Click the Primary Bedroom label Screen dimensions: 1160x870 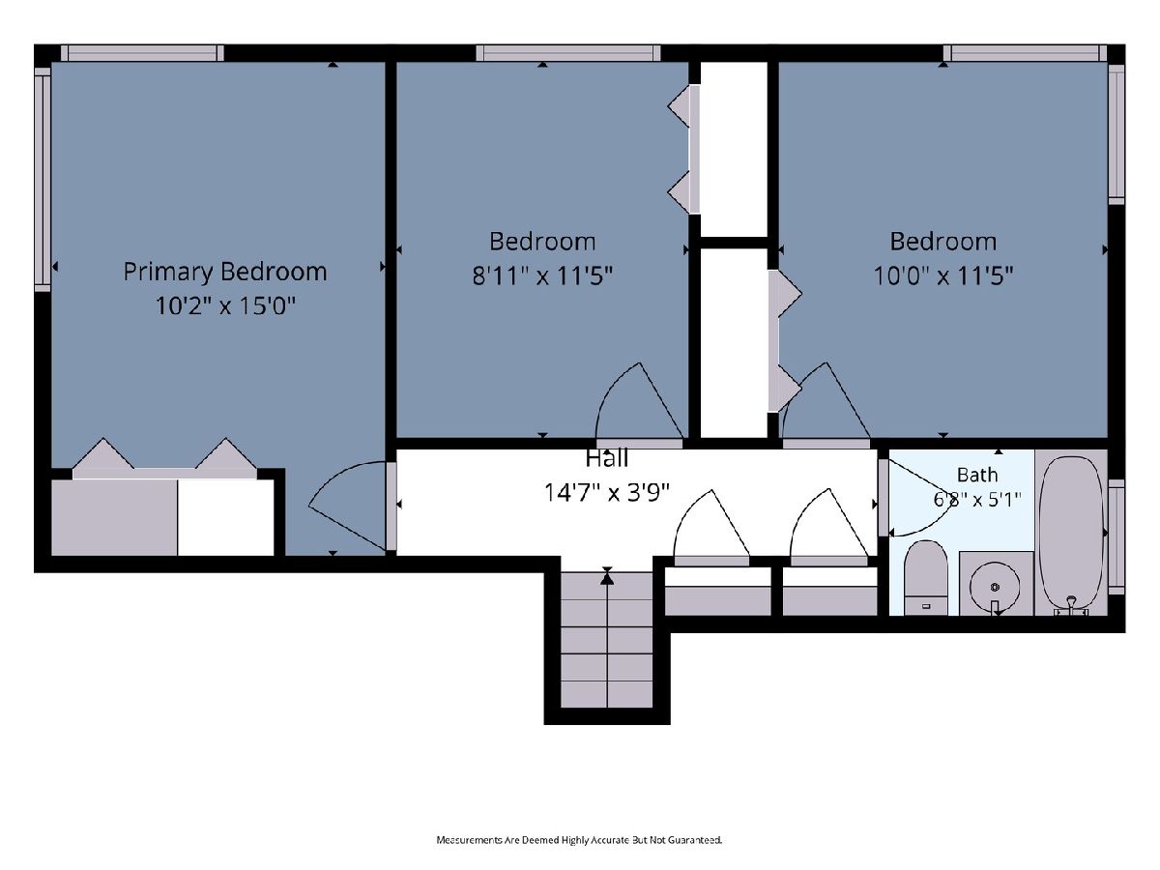coord(225,273)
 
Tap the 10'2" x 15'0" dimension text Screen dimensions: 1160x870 coord(225,305)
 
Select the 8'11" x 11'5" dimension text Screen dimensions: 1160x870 coord(542,275)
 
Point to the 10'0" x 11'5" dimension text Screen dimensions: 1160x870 coord(943,275)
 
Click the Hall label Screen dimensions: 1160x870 coord(607,458)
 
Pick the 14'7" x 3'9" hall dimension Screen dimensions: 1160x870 coord(607,493)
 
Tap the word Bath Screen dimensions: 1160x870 coord(977,475)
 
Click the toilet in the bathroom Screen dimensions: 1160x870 coord(926,577)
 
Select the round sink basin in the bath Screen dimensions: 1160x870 coord(995,587)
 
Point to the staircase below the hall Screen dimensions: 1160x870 coord(607,640)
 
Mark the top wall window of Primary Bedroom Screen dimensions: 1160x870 coord(142,53)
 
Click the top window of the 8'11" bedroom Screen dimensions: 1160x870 coord(568,53)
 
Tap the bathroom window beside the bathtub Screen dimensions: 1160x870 coord(1116,536)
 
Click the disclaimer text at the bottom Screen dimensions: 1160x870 coord(579,840)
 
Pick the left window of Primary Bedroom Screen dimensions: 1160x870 coord(43,180)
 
